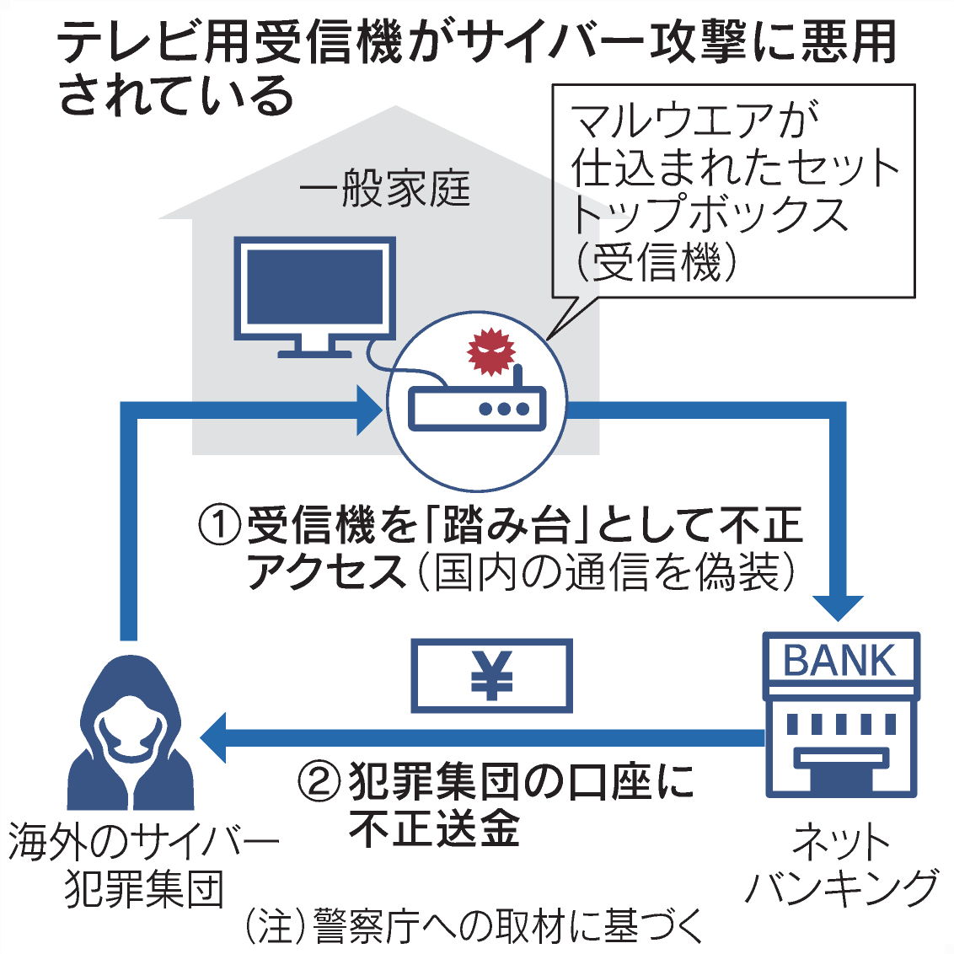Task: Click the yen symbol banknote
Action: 491,676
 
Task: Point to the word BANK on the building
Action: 839,661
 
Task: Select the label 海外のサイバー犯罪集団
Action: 143,865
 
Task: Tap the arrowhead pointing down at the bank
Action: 838,607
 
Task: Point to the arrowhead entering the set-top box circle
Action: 371,410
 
